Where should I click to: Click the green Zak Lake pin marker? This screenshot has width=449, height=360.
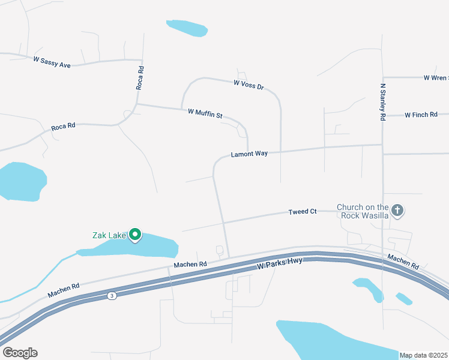click(x=136, y=235)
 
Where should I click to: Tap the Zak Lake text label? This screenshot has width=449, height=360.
click(x=109, y=235)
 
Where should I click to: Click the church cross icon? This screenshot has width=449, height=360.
click(x=397, y=211)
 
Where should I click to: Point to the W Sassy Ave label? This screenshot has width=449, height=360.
click(x=52, y=61)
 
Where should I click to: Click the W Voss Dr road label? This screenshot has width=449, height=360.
click(x=249, y=84)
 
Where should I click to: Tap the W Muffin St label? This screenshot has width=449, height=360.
click(x=205, y=113)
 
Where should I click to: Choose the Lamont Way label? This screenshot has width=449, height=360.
click(x=249, y=154)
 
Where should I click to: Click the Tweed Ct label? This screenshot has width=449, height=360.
click(x=303, y=212)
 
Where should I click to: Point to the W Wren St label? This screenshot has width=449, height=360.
click(x=435, y=77)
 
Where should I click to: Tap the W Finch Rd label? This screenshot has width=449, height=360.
click(x=421, y=115)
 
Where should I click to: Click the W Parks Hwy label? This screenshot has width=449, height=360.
click(x=280, y=263)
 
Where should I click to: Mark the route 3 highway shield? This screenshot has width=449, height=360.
click(x=111, y=296)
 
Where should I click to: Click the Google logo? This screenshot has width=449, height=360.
click(x=20, y=352)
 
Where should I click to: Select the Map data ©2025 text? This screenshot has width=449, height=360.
click(x=424, y=355)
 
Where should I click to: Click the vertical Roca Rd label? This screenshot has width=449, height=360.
click(x=140, y=77)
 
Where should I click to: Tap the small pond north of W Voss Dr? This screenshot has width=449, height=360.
click(x=187, y=28)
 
